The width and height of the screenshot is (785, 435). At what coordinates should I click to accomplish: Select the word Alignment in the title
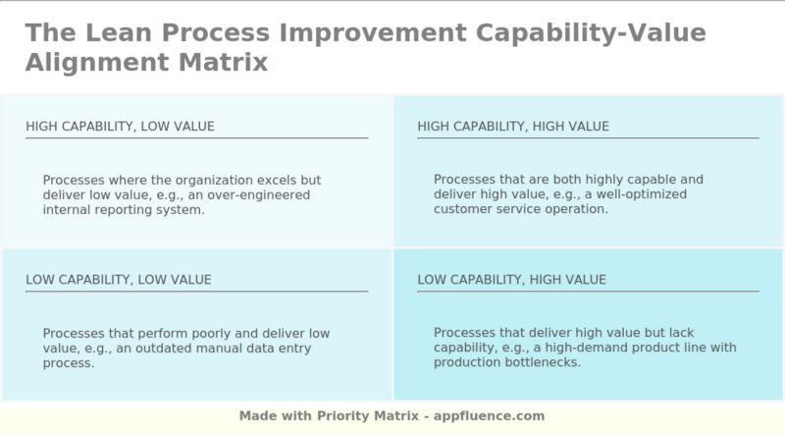pos(95,63)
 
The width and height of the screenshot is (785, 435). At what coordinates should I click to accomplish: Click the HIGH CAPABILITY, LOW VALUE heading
pos(120,127)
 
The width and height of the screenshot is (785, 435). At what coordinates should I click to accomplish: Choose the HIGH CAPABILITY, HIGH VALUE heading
pos(513,127)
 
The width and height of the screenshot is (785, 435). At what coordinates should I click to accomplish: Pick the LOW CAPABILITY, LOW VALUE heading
pos(118,280)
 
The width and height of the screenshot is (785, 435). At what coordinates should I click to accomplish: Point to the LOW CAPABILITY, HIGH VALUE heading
pos(511,280)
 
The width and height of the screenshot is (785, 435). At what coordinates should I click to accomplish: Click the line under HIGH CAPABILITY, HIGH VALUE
pos(588,138)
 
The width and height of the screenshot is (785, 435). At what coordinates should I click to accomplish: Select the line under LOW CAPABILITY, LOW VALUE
pos(196,292)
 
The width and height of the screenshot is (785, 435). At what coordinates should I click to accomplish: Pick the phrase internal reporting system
pos(124,210)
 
